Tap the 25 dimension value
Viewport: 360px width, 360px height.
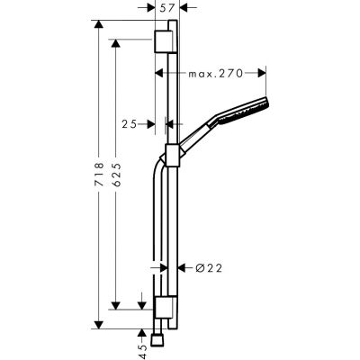click(x=129, y=124)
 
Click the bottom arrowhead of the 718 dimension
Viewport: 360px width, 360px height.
click(x=96, y=325)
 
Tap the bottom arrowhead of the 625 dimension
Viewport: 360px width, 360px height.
click(x=116, y=308)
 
